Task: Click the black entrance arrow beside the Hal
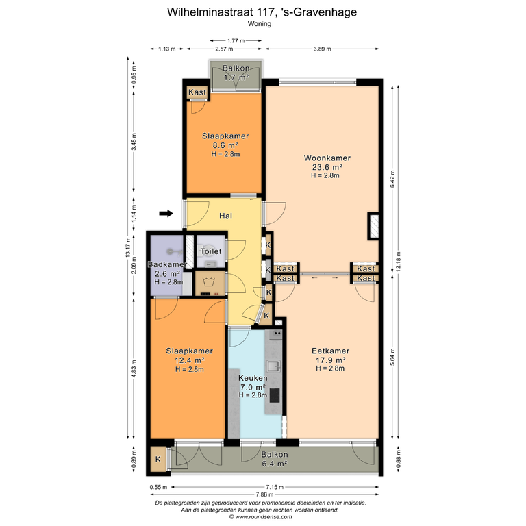pos(166,214)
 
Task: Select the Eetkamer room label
pos(330,351)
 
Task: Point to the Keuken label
pos(253,378)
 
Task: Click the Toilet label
pos(211,251)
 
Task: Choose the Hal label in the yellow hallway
pos(225,216)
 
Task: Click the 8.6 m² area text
pos(225,145)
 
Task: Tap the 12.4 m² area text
pos(190,360)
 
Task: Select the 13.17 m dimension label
pos(128,247)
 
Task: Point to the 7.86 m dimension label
pos(264,494)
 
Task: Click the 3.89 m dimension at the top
pos(322,49)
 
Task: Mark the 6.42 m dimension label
pos(392,179)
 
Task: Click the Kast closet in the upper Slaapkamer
pos(197,92)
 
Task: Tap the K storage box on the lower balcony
pos(158,460)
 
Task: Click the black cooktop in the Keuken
pos(275,395)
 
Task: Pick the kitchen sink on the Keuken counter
pos(273,366)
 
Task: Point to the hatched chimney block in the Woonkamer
pos(374,226)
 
